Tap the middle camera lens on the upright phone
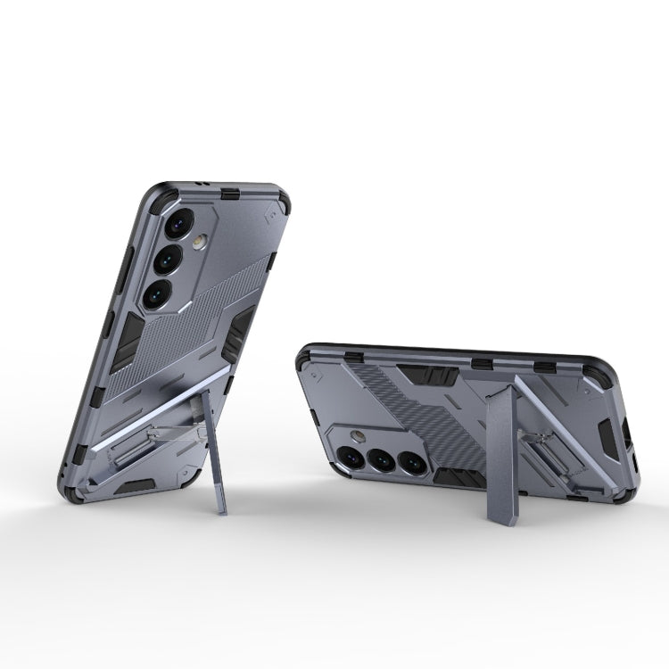point(169,259)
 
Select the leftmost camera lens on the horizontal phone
point(351,457)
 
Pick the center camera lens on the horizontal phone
point(381,460)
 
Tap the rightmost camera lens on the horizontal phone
point(411,463)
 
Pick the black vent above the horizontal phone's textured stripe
point(414,375)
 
